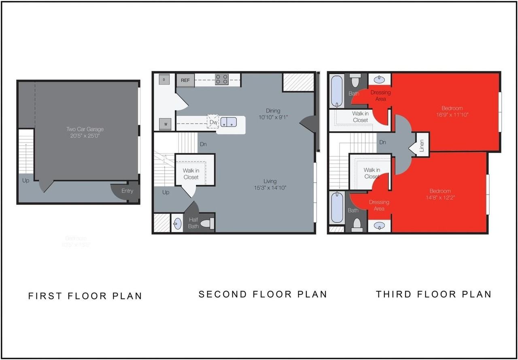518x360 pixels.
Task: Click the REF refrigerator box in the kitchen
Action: (185, 80)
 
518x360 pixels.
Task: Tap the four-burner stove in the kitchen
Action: (221, 79)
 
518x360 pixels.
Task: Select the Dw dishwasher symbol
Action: (213, 121)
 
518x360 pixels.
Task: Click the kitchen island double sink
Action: (229, 121)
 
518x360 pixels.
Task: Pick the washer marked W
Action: (166, 124)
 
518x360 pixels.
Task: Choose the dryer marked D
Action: (164, 79)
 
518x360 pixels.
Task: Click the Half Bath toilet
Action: (208, 223)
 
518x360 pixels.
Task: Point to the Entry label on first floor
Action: (127, 191)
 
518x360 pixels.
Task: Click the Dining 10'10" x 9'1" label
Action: (273, 114)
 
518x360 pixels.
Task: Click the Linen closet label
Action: (422, 145)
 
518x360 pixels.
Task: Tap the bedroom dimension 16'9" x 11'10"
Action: (452, 115)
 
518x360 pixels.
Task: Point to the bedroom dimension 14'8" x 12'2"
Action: (440, 198)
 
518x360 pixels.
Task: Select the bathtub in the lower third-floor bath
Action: (337, 208)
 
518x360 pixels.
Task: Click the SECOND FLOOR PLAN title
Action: (263, 294)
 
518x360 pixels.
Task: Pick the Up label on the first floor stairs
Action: (26, 180)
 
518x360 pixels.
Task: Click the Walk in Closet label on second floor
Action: (191, 174)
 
